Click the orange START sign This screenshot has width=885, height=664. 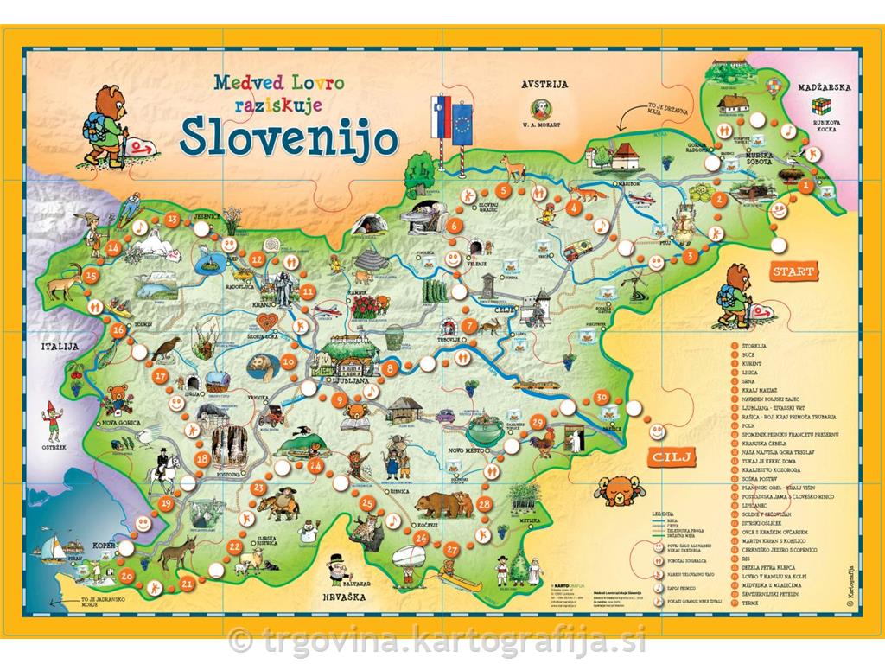[x=793, y=271]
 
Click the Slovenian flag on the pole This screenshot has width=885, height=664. [x=435, y=116]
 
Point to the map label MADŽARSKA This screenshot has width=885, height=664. [x=825, y=87]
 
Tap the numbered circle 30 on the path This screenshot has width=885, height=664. [x=602, y=397]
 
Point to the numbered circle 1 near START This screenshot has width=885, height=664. [x=805, y=184]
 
